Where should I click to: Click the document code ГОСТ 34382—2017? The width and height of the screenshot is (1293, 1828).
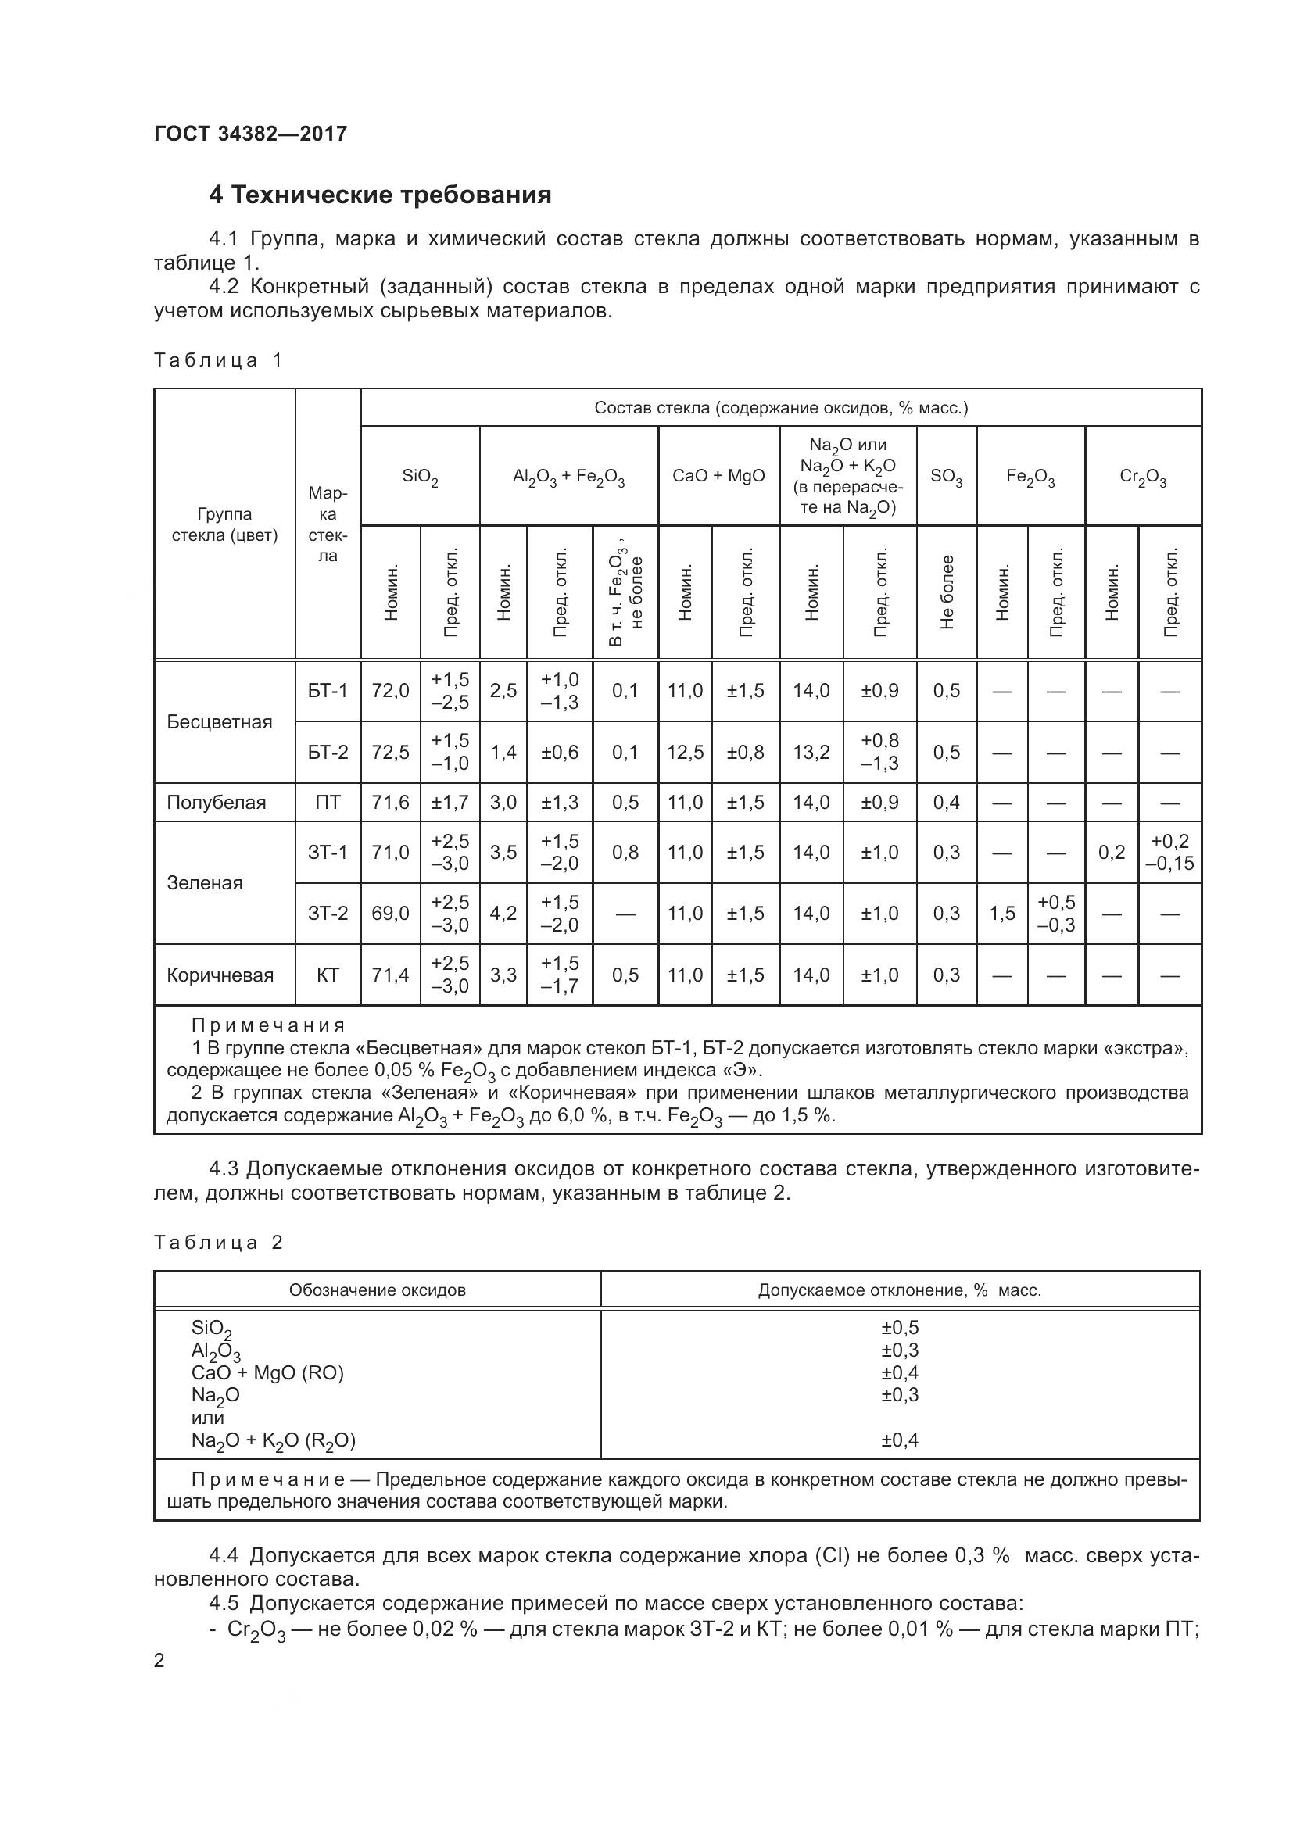pos(251,134)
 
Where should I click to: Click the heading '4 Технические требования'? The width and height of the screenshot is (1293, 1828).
pos(380,195)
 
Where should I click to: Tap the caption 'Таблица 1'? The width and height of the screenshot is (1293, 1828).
pos(218,360)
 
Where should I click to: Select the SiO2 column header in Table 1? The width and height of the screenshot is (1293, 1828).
pos(420,476)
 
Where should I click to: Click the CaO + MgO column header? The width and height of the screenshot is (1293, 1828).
pos(718,476)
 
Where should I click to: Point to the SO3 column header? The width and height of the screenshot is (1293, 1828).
pos(946,476)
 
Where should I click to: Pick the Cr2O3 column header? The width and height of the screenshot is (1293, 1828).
pos(1143,476)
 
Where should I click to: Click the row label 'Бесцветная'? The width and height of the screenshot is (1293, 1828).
pos(220,722)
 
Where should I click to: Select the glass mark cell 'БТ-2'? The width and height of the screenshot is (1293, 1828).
pos(328,753)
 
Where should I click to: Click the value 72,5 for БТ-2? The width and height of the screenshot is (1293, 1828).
pos(390,753)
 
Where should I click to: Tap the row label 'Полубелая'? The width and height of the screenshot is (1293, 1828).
pos(216,803)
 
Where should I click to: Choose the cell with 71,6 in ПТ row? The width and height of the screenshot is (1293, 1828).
pos(390,803)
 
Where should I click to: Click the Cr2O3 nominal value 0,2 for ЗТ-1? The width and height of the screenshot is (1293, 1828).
pos(1112,853)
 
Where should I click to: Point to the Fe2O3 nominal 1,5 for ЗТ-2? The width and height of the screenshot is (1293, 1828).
pos(1001,913)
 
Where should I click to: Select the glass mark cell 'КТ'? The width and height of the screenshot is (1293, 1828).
pos(328,975)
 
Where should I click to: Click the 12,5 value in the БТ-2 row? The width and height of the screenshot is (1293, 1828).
pos(685,753)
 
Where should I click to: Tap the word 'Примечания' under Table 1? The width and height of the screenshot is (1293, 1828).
pos(268,1025)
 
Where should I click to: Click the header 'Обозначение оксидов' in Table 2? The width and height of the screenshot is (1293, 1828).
pos(377,1290)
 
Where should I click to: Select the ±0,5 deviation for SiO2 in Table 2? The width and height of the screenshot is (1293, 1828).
pos(900,1327)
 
